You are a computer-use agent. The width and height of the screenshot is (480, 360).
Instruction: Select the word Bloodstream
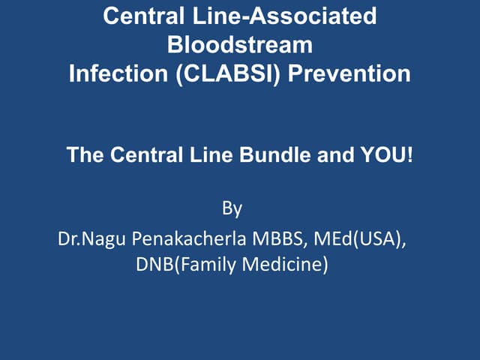coord(239,44)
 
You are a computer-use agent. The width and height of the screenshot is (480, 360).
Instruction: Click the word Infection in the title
coord(115,73)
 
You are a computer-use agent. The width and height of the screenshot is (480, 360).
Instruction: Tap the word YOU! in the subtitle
coord(387,156)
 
